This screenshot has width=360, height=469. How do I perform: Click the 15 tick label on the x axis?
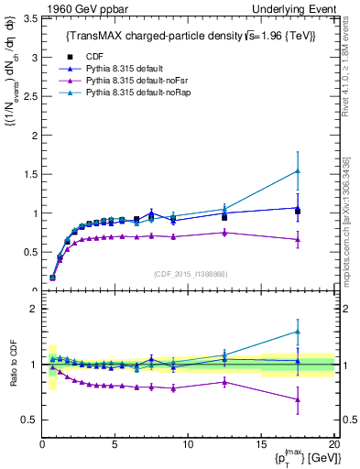click(260, 444)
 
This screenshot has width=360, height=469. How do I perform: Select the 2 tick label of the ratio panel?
click(31, 309)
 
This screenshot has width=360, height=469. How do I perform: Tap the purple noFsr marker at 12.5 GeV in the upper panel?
click(224, 233)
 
